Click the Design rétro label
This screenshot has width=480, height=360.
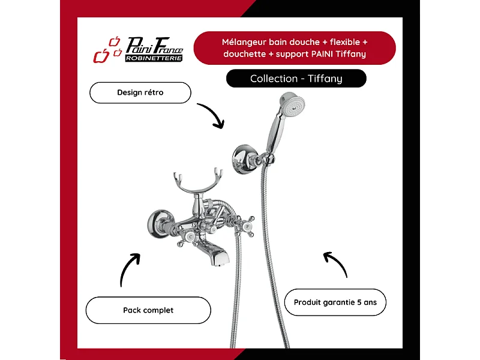140,92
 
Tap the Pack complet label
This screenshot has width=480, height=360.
148,310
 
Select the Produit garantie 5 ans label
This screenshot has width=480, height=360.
335,302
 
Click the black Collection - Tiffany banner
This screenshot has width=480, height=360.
296,79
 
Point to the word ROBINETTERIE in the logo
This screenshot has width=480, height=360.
154,58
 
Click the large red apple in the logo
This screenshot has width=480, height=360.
101,56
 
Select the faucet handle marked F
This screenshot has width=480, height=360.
247,227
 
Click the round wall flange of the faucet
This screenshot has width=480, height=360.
158,223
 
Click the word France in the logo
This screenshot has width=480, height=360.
168,46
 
